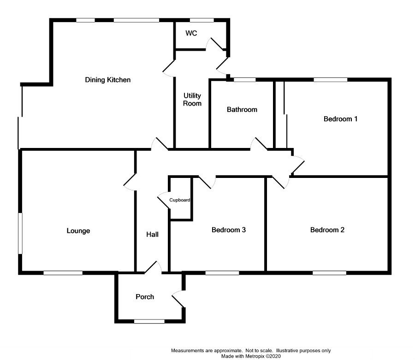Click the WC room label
point(191,33)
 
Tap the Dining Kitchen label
point(108,80)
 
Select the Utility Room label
point(192,100)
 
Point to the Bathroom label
point(242,110)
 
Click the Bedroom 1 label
point(341,119)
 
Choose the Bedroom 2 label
point(327,230)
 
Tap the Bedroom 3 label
point(229,230)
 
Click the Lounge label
point(78,230)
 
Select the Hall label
point(152,235)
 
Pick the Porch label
point(145,296)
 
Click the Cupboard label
point(180,200)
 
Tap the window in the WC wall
point(202,20)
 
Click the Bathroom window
point(244,80)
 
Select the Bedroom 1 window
point(331,80)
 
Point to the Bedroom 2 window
point(329,273)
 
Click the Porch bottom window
point(149,321)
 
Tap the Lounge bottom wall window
point(63,273)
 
